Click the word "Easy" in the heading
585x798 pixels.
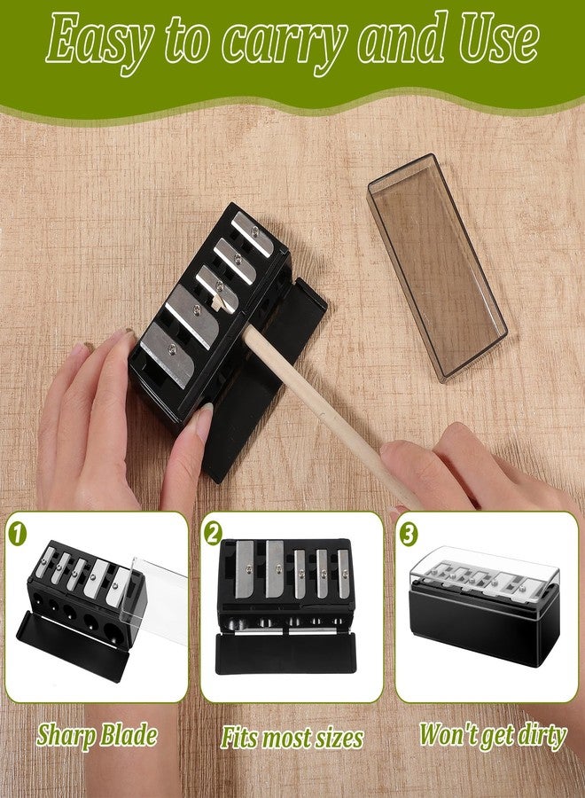point(99,41)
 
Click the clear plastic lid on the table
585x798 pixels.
point(437,267)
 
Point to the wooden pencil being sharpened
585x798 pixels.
point(332,416)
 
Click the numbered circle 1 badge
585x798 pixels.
point(18,535)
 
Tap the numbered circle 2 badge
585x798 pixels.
point(213,534)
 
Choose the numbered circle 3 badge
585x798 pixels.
point(408,535)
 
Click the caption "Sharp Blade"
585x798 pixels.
point(97,736)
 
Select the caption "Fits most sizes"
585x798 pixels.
point(292,738)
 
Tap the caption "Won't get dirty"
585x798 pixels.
point(493,736)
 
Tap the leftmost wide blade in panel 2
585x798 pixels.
point(245,569)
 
